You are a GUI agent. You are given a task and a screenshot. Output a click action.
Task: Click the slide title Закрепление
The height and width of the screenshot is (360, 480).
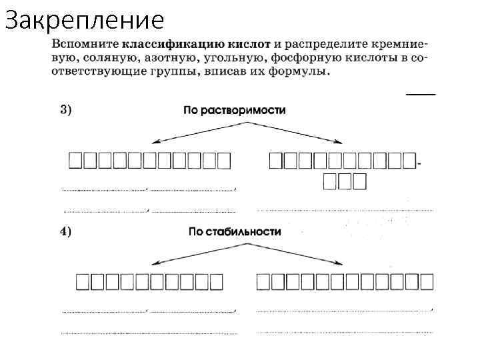pyautogui.click(x=84, y=21)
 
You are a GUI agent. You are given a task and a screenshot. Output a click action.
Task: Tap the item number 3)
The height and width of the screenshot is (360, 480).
pyautogui.click(x=67, y=109)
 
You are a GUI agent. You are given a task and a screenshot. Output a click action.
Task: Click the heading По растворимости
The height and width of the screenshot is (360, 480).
pyautogui.click(x=234, y=110)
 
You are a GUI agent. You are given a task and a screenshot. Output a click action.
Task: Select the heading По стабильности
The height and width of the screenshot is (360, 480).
pyautogui.click(x=235, y=232)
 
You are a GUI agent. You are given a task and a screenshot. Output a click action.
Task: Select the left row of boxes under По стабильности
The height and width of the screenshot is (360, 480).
pyautogui.click(x=148, y=282)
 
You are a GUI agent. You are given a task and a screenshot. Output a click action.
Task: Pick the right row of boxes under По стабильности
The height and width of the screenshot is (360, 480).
pyautogui.click(x=345, y=282)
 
